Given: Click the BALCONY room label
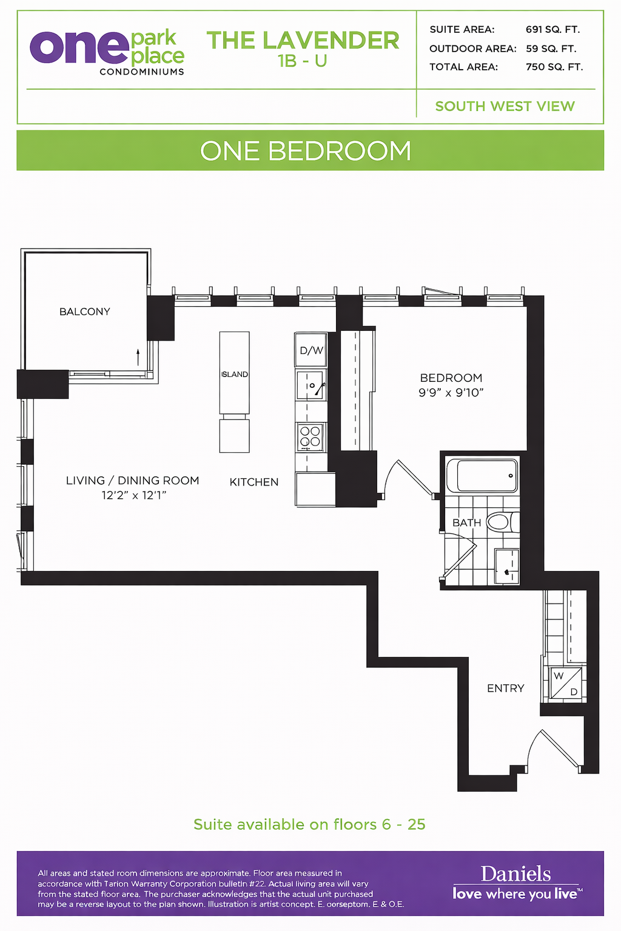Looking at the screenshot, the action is (84, 312).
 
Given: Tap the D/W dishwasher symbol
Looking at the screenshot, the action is (311, 350).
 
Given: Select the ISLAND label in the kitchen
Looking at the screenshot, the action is (235, 375).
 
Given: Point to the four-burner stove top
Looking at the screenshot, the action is (310, 437).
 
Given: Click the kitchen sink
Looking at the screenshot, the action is (310, 385).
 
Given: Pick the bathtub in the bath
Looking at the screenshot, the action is (483, 475).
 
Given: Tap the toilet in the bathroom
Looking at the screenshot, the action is (503, 522).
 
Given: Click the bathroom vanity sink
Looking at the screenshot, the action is (506, 566).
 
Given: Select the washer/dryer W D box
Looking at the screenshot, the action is (566, 683).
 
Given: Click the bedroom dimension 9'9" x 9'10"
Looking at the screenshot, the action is (451, 393).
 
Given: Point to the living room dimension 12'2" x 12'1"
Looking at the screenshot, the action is (134, 495).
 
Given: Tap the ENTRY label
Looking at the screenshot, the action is (505, 689).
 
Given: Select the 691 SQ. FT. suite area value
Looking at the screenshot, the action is (553, 30).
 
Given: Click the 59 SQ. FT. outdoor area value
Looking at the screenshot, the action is (551, 48).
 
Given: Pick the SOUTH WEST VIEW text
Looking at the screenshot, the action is (505, 107).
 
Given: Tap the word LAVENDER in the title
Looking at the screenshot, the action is (331, 41).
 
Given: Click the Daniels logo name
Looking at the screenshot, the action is (515, 874).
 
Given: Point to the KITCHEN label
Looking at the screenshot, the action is (253, 482).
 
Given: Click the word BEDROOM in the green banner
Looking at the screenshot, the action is (340, 151).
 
